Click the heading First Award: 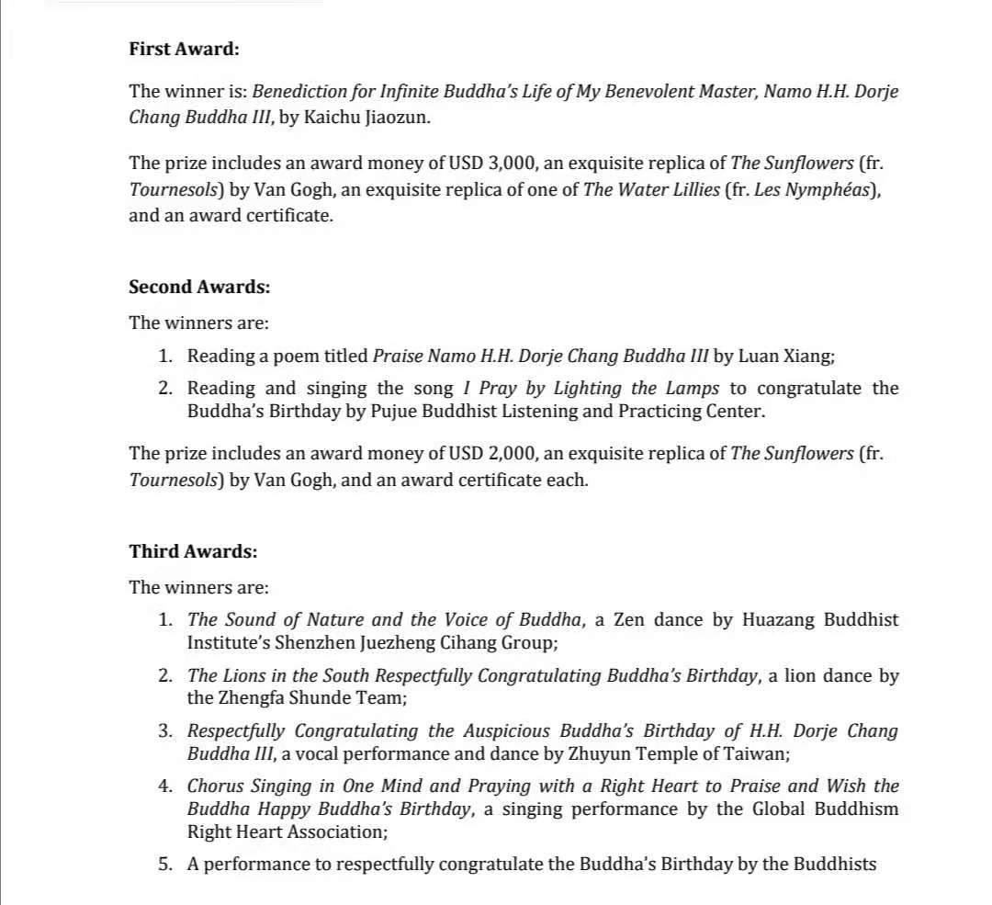pos(184,49)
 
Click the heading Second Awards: pos(199,287)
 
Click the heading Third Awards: pos(193,551)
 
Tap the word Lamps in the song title pos(691,389)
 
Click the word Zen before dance pos(629,619)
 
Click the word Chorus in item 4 pos(216,786)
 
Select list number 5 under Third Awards pos(165,865)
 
